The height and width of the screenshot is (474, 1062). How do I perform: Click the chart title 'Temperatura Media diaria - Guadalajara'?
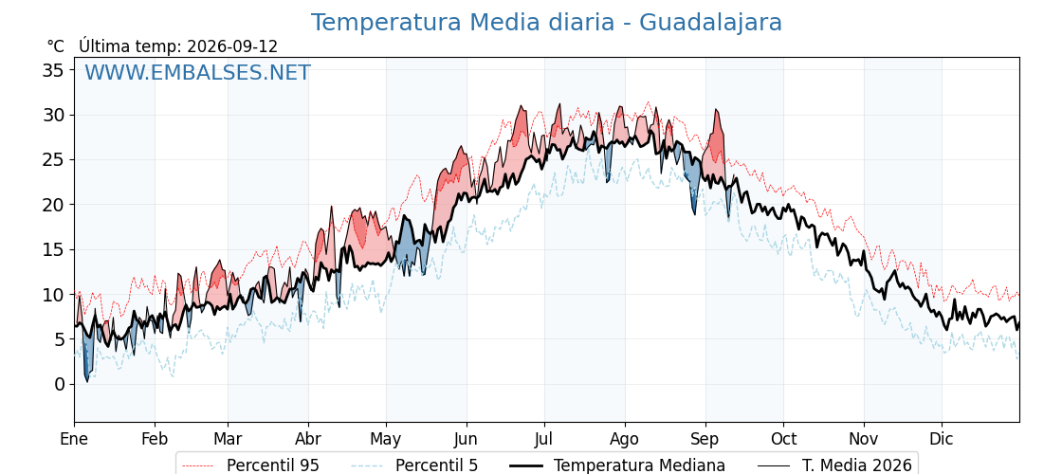click(546, 23)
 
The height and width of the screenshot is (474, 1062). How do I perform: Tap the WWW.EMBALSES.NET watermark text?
click(197, 72)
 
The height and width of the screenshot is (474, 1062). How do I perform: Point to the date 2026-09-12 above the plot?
click(232, 46)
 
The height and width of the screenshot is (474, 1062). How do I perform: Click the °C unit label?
click(56, 46)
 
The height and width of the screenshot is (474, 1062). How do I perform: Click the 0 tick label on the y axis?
click(61, 384)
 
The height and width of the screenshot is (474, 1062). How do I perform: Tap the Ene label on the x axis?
click(75, 439)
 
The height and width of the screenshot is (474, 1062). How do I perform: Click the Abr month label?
click(308, 439)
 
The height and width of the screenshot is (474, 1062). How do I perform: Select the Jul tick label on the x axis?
click(544, 439)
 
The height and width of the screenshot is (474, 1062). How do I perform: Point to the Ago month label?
click(625, 440)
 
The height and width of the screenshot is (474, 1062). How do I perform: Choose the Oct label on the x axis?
click(783, 439)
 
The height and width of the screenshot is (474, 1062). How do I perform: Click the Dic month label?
click(942, 439)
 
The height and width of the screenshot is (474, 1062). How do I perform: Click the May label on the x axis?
click(385, 440)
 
